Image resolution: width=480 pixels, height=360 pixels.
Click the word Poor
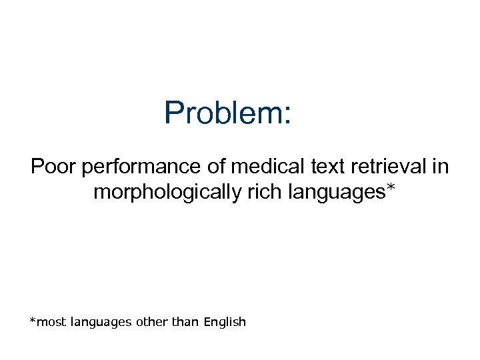click(54, 166)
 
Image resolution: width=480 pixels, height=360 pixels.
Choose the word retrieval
click(390, 166)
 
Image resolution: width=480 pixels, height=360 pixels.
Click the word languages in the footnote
click(99, 323)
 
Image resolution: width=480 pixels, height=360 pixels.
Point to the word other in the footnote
click(151, 323)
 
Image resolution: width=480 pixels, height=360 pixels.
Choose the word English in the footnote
click(225, 323)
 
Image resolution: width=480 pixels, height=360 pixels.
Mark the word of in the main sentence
click(216, 166)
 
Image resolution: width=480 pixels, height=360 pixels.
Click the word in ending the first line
click(441, 166)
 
